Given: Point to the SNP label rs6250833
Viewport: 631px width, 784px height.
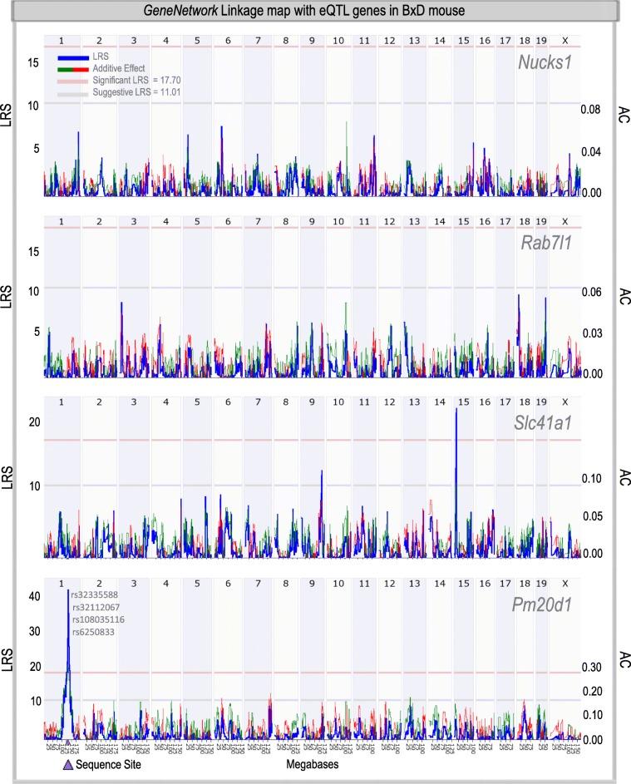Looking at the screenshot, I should [95, 633].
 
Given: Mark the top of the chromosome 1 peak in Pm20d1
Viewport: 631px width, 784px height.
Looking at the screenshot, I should [68, 591].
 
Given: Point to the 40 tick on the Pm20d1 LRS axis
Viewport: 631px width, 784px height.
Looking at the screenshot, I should [34, 596].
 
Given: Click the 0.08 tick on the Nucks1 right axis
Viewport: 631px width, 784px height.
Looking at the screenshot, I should [590, 109].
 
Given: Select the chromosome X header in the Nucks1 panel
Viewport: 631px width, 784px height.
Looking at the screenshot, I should [564, 39].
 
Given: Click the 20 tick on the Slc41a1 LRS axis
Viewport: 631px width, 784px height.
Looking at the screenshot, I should [34, 422].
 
